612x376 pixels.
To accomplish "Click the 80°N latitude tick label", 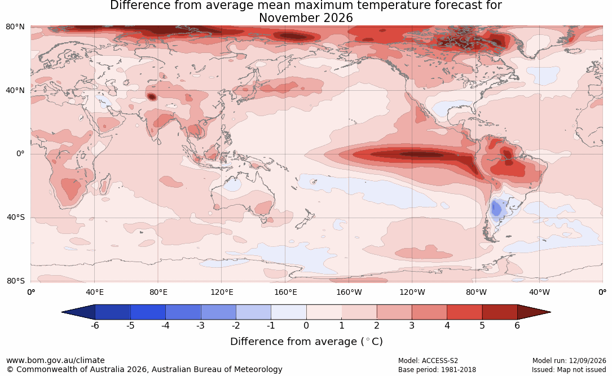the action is (15, 27).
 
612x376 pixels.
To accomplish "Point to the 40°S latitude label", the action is (16, 217).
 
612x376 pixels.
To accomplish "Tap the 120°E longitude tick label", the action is (222, 292).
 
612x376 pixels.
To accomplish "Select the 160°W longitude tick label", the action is (349, 292).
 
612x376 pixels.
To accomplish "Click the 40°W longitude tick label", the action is (539, 292).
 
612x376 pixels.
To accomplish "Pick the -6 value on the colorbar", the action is (95, 325).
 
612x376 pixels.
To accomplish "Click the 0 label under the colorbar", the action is (306, 325).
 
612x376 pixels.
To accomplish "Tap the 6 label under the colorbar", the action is (517, 325).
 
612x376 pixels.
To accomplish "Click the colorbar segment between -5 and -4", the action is (148, 312).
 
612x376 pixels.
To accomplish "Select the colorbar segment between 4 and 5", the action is (464, 312).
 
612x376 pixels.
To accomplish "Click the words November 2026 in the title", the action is (306, 18).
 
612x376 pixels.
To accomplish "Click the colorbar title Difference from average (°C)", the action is (306, 342).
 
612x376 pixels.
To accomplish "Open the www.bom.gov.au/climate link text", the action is (55, 360).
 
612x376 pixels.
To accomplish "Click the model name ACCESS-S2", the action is (440, 361).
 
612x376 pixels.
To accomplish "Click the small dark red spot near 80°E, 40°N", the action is (151, 96).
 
